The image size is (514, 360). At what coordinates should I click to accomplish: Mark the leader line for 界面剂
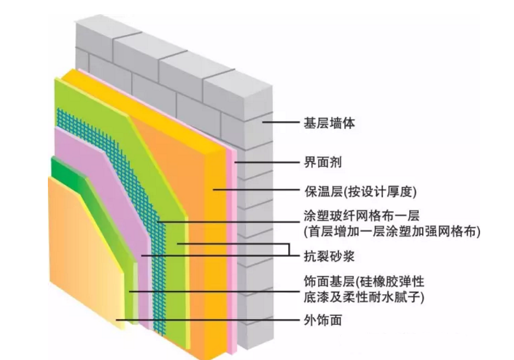(268, 162)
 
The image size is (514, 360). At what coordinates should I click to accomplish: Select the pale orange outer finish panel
(83, 255)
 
